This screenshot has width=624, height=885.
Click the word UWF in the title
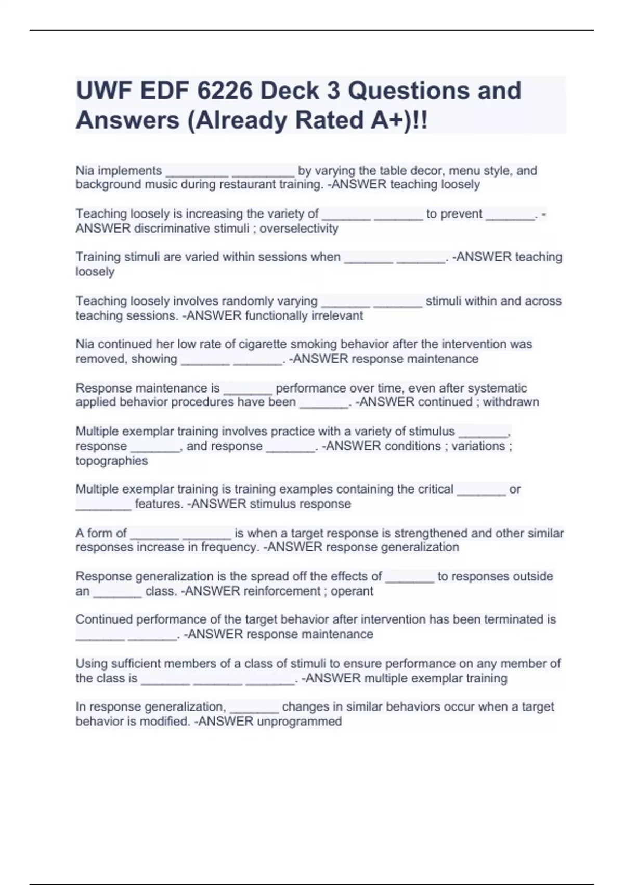point(102,91)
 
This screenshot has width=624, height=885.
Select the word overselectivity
point(299,229)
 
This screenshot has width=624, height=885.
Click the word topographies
point(111,461)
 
